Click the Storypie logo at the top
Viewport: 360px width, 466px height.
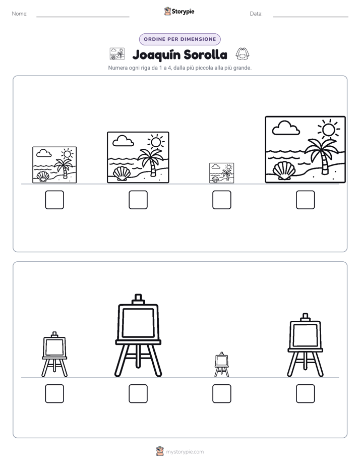click(179, 12)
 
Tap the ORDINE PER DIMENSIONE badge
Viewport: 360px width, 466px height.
click(179, 39)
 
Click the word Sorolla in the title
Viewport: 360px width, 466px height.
click(205, 54)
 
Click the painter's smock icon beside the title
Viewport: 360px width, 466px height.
click(243, 54)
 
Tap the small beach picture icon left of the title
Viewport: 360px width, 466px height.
click(117, 54)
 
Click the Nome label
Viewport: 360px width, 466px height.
click(20, 14)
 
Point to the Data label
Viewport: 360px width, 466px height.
click(256, 14)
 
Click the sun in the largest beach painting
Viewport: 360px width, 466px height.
click(328, 130)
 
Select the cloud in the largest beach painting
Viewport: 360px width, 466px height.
click(286, 128)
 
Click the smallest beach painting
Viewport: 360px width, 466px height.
click(221, 173)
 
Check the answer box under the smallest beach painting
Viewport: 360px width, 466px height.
click(221, 200)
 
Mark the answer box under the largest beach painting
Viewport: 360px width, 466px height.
click(306, 200)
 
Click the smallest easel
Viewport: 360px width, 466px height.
click(221, 364)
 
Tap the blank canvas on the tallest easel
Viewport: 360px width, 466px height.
click(138, 323)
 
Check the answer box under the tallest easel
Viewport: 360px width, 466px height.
click(138, 393)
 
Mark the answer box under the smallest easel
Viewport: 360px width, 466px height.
click(221, 393)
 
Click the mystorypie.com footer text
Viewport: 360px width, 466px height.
click(185, 452)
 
